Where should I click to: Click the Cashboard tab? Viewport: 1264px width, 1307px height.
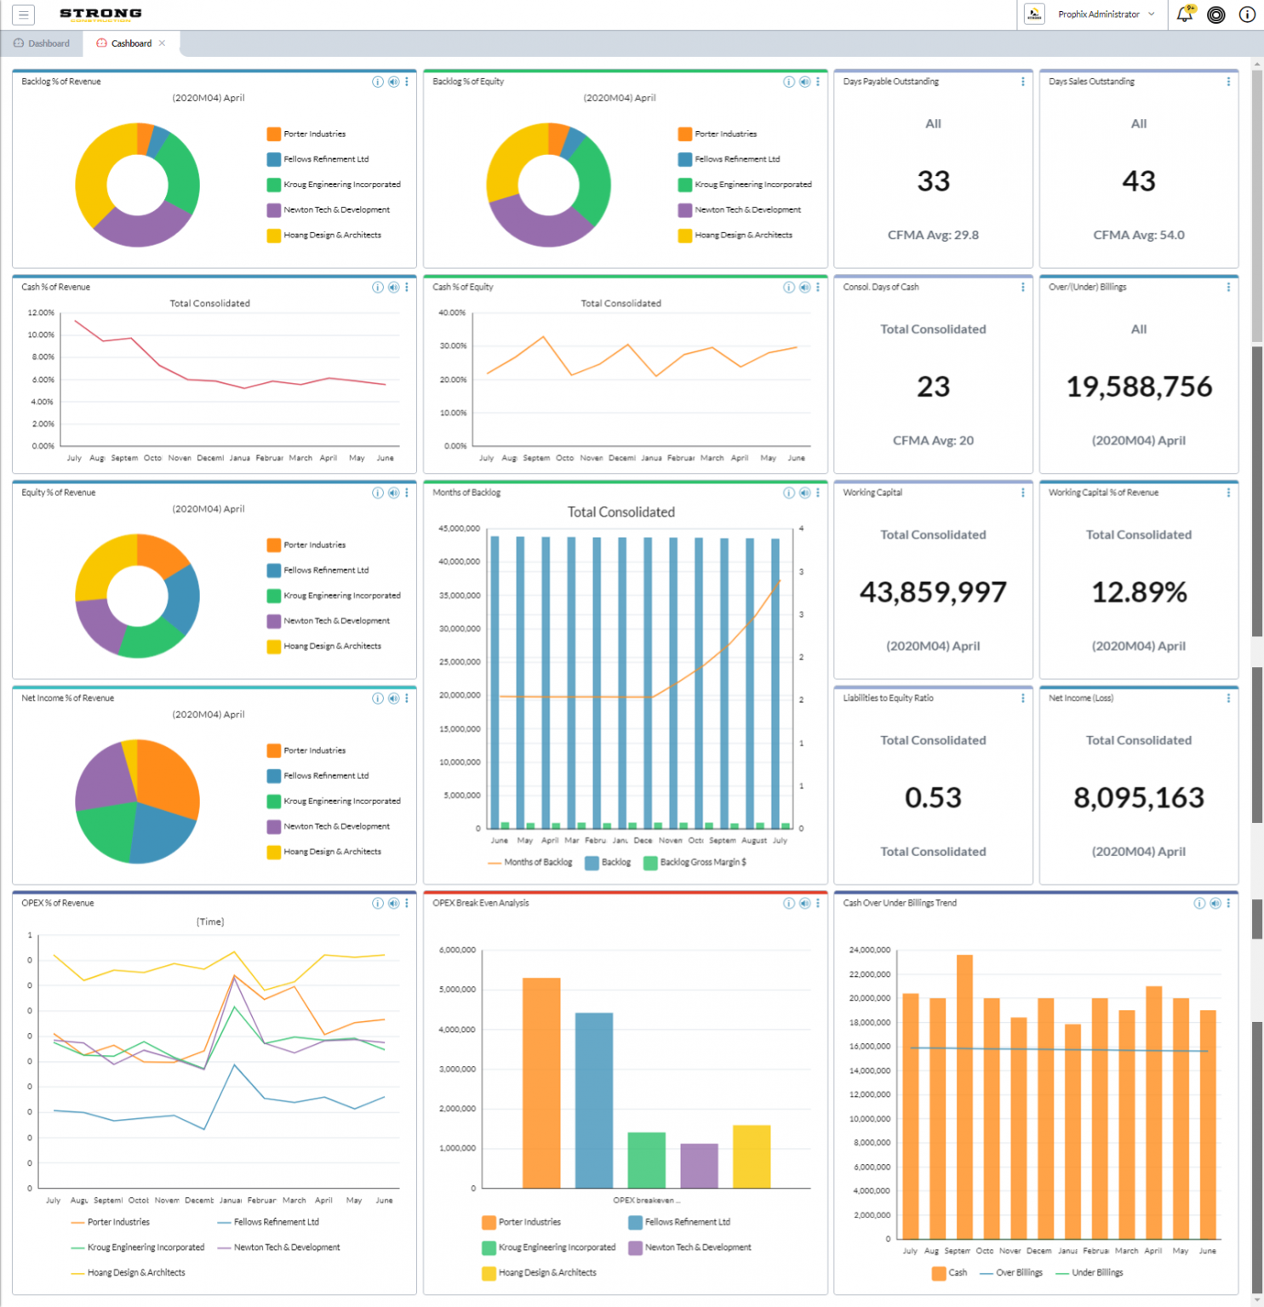point(130,43)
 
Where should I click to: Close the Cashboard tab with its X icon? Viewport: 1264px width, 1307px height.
point(162,43)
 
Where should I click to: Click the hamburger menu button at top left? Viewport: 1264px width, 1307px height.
point(23,14)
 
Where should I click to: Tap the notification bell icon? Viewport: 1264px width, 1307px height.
point(1184,14)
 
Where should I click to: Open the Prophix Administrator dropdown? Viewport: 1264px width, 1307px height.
point(1106,14)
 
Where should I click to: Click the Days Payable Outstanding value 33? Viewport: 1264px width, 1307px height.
point(933,181)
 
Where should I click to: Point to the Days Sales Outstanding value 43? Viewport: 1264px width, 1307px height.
point(1138,181)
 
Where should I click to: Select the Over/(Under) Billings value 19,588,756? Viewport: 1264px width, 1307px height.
point(1138,387)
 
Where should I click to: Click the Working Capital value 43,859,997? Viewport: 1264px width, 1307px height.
point(933,592)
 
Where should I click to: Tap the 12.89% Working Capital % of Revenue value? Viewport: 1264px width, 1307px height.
point(1138,592)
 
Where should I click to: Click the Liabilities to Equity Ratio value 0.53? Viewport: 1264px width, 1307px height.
point(933,798)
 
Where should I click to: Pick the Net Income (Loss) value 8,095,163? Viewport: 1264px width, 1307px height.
point(1138,798)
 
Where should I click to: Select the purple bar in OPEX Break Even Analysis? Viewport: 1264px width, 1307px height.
point(699,1166)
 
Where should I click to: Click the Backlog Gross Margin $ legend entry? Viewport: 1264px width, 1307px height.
point(695,863)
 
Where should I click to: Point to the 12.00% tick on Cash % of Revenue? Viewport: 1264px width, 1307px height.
point(41,313)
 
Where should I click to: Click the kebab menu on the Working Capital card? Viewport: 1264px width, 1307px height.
point(1022,493)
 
